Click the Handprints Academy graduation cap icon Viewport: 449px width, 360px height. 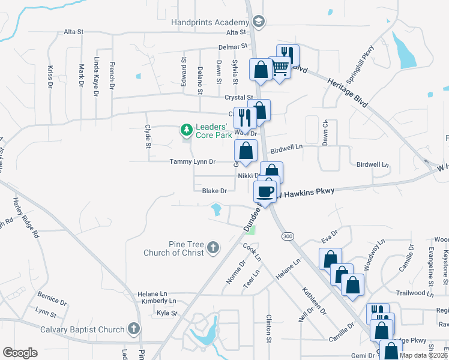(259, 22)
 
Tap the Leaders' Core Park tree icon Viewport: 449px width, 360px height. (186, 129)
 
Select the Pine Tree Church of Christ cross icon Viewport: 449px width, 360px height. (213, 247)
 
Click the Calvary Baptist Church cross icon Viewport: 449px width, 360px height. (133, 329)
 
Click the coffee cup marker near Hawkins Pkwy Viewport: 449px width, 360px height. (265, 191)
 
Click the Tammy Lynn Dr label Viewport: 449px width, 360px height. (193, 161)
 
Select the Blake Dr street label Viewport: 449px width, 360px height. (214, 191)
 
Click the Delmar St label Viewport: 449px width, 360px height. (236, 46)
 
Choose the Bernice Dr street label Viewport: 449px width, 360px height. (50, 298)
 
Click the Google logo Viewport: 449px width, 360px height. (20, 353)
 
